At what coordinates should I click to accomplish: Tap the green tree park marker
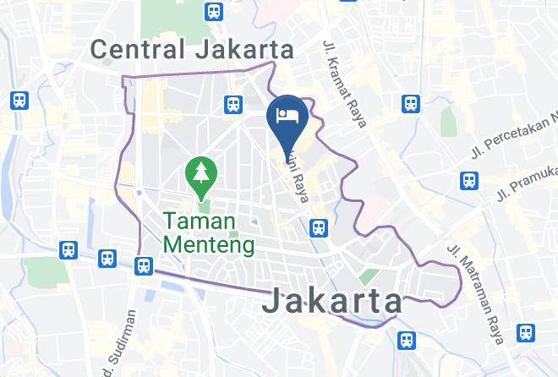[x=202, y=173]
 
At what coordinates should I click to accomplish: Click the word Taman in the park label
[x=197, y=222]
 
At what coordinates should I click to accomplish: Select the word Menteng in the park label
[x=208, y=245]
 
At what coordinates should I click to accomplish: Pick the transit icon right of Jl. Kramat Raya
[x=411, y=104]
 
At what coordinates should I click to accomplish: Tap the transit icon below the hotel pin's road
[x=319, y=227]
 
